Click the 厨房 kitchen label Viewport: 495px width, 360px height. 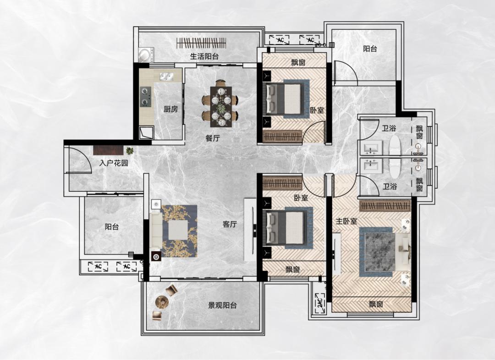coord(171,109)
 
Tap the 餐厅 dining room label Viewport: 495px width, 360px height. coord(213,138)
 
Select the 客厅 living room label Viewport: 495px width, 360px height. coord(230,224)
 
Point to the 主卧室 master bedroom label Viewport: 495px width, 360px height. coord(346,221)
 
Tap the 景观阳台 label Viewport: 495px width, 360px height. coord(222,305)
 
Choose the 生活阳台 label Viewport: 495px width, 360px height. coord(204,56)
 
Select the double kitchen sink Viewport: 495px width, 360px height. coord(167,76)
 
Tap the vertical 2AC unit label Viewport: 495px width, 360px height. coord(320,303)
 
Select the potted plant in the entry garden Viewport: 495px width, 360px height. coord(130,150)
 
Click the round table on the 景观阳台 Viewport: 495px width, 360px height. coord(162,302)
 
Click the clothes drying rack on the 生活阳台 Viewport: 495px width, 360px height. coord(201,43)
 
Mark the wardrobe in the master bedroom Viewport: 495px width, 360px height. coord(385,206)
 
